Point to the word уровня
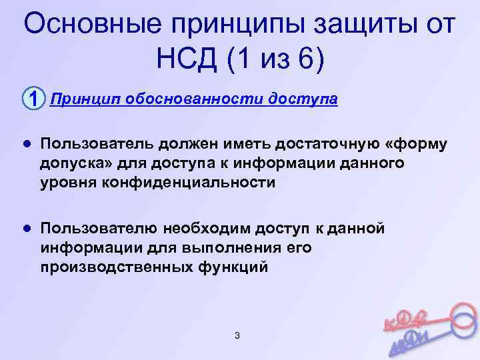tap(69, 183)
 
